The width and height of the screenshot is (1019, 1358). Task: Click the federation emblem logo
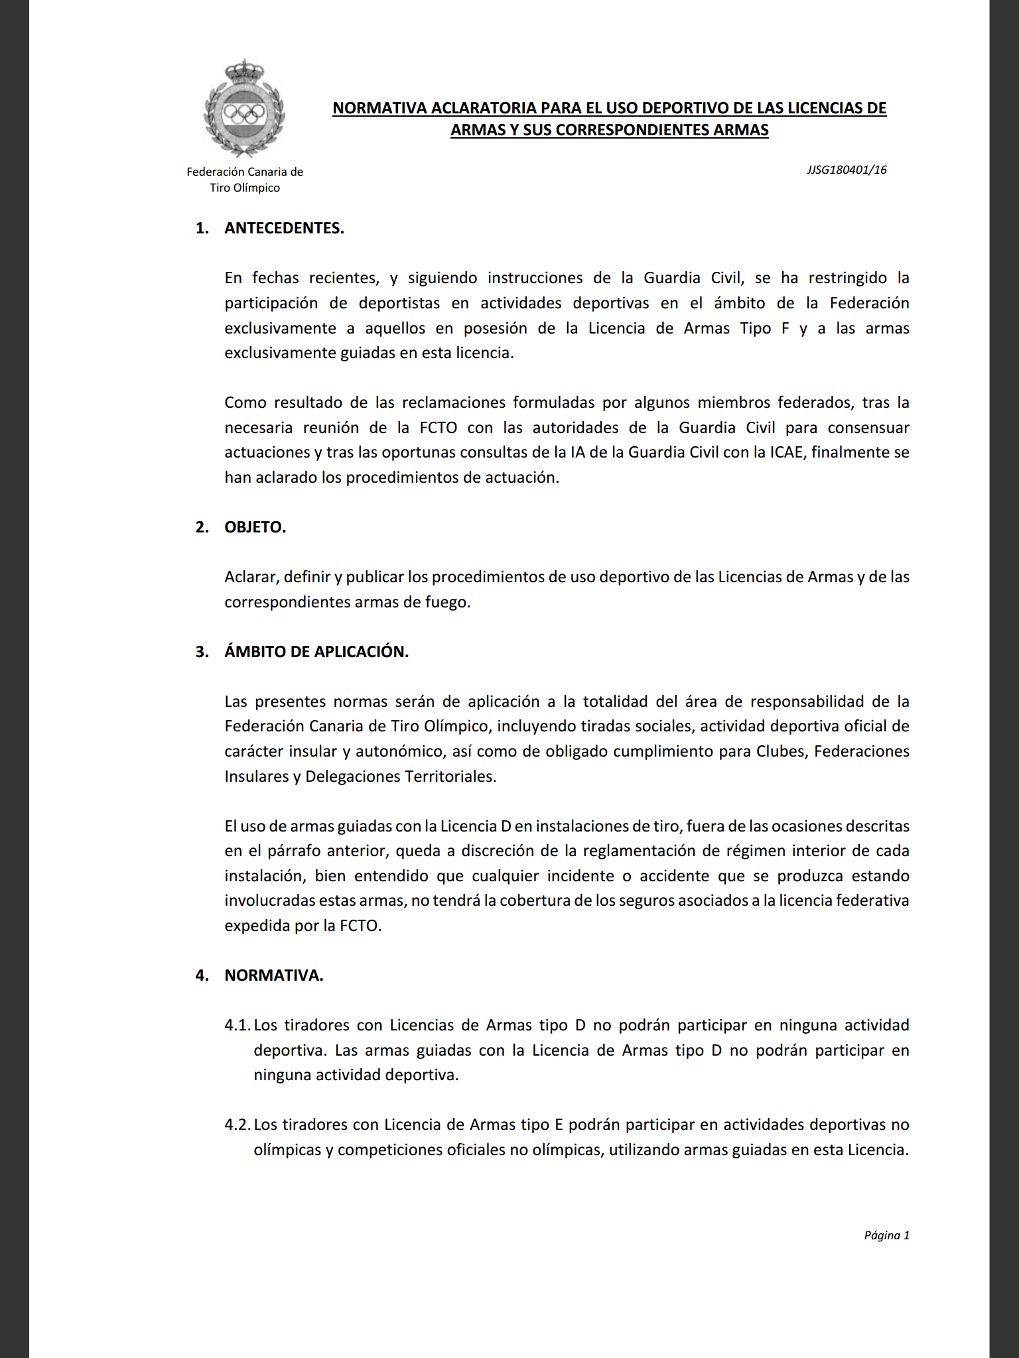coord(244,109)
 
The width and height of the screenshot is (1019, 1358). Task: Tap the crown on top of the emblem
coord(244,70)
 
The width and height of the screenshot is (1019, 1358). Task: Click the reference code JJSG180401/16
coord(847,170)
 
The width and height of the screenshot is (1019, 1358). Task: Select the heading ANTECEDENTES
coord(284,228)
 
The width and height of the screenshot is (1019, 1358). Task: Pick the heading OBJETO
coord(255,527)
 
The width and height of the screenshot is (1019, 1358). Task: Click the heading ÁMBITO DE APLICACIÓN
coord(316,652)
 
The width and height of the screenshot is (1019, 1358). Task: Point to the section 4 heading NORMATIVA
coord(274,975)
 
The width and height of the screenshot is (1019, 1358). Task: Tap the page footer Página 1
coord(886,1235)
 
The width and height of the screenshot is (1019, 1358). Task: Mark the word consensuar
coord(868,428)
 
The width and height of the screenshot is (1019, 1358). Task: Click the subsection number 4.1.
coord(237,1025)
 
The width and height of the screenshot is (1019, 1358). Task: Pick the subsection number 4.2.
coord(237,1125)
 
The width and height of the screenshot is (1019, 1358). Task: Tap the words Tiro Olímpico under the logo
coord(245,188)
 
